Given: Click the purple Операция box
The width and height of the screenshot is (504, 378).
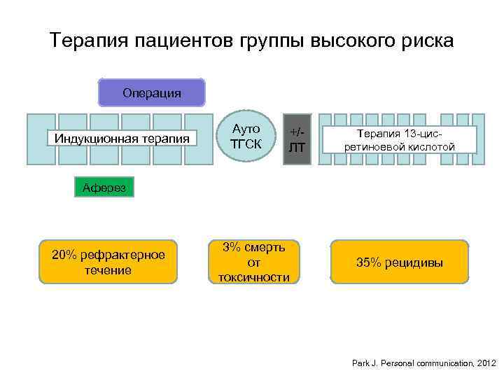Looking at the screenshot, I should click(x=151, y=92).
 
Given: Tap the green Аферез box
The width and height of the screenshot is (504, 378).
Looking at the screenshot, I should click(x=104, y=187).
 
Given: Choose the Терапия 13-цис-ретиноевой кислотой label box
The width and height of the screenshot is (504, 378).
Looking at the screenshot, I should click(x=400, y=139).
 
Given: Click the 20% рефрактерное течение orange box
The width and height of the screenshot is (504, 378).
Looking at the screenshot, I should click(x=108, y=262).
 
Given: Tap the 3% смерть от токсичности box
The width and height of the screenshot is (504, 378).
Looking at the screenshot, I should click(x=253, y=262).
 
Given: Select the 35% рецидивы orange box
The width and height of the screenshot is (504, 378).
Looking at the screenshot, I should click(x=399, y=262).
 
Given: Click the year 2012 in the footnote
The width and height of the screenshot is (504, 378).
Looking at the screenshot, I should click(x=486, y=364).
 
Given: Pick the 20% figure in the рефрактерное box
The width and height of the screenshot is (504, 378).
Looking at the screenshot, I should click(x=65, y=254).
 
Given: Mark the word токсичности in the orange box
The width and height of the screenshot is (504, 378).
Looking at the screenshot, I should click(x=253, y=277).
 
